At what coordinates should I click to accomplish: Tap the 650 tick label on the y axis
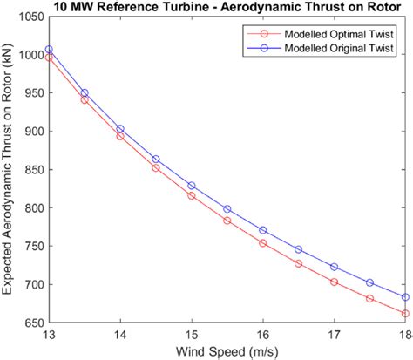(x=30, y=323)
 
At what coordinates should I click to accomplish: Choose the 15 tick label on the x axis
(x=191, y=336)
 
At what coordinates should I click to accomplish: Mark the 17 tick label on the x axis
(x=334, y=336)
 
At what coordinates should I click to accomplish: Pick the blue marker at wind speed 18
(x=405, y=297)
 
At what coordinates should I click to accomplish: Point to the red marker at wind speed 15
(x=192, y=196)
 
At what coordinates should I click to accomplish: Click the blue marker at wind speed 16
(x=263, y=230)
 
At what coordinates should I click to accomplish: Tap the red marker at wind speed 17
(x=334, y=282)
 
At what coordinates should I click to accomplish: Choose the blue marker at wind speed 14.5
(x=156, y=160)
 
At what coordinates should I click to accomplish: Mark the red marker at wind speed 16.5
(x=298, y=263)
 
